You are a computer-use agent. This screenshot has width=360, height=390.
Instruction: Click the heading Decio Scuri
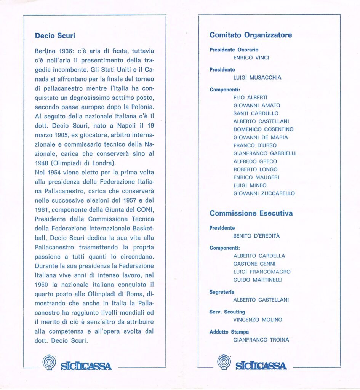coord(55,36)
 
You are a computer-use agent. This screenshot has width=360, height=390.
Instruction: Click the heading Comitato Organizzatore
coord(251,35)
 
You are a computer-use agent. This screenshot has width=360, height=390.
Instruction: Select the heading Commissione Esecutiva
coord(251,213)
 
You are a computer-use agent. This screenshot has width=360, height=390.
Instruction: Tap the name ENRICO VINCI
coord(251,58)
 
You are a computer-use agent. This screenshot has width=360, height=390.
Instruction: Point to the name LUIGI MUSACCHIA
coord(257,78)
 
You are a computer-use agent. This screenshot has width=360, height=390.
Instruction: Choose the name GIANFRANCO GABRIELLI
coord(264,153)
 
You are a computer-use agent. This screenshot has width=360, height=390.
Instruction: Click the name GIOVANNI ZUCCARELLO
coord(264,193)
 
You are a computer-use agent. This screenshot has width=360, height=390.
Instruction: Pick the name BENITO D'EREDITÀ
coord(256,236)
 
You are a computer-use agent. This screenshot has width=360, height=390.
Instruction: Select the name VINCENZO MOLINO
coord(258,320)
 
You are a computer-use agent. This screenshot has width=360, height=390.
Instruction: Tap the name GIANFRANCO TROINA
coord(261,340)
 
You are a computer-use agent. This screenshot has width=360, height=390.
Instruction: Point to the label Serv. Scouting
coord(227,312)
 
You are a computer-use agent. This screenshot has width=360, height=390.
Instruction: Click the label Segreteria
coord(222,292)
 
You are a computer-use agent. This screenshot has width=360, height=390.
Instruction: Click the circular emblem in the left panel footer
coord(49,362)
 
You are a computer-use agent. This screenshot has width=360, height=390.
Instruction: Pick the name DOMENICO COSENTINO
coord(264,129)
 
